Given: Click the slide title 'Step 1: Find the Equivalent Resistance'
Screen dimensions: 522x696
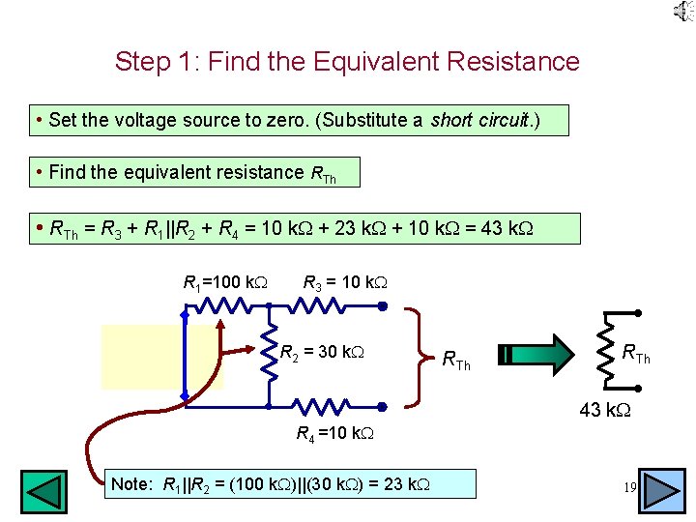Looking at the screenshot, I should click(347, 62).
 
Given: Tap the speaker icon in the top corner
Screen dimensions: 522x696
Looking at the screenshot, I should click(682, 11).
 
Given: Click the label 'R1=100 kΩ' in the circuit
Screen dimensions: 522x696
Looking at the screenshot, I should click(225, 283).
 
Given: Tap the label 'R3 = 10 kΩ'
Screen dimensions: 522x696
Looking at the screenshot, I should click(345, 283).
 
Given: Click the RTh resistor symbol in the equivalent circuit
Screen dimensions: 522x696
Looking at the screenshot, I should click(608, 355).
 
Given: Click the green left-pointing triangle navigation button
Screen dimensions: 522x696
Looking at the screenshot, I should click(44, 491).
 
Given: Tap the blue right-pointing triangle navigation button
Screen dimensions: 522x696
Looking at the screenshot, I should click(663, 491).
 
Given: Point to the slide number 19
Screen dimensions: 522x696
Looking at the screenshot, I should click(630, 489).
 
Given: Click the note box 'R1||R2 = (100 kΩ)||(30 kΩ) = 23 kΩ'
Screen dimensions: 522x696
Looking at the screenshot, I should click(291, 483).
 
